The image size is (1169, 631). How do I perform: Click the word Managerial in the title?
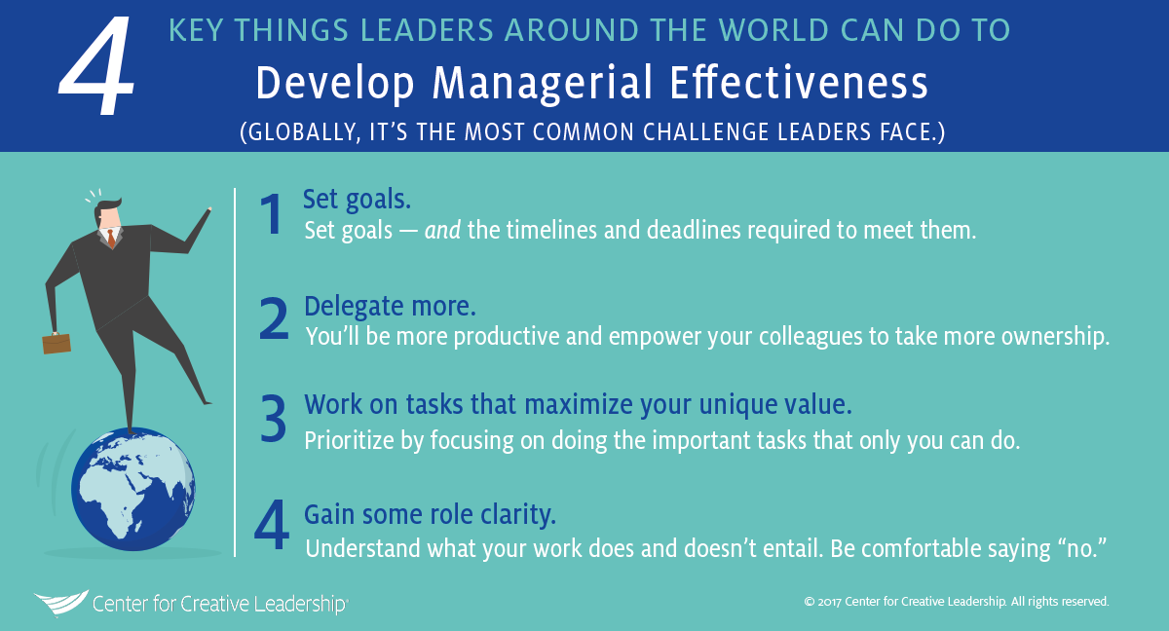[544, 84]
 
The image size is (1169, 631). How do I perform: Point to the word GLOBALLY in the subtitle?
[301, 131]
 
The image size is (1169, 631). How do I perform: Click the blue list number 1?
[272, 214]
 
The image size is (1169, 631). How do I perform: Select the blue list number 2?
[274, 318]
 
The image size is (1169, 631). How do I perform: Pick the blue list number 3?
[274, 419]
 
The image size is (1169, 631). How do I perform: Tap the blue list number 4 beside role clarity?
[272, 525]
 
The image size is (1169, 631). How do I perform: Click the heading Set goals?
[357, 200]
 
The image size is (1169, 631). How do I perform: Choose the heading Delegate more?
[390, 306]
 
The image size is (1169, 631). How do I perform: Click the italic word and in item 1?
[442, 230]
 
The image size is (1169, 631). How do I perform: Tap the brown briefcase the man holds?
[57, 343]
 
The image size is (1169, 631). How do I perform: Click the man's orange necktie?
[111, 239]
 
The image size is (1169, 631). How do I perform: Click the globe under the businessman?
[133, 489]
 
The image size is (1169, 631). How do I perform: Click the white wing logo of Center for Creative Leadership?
[61, 604]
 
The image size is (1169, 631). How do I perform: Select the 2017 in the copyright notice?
[829, 602]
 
